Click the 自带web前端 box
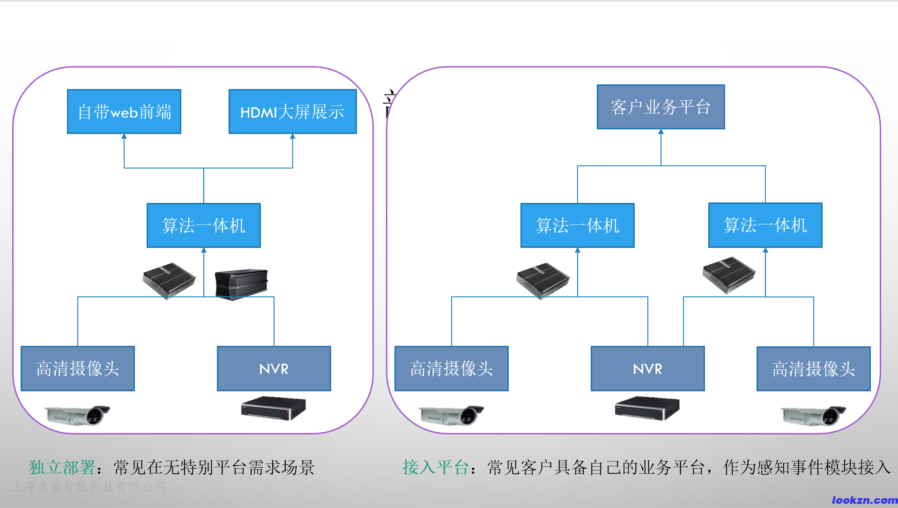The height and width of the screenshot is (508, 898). (124, 112)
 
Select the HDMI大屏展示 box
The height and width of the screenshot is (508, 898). (292, 112)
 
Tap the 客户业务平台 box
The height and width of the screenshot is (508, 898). (661, 107)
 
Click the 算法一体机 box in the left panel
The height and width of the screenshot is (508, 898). (203, 225)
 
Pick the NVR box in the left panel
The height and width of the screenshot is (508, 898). (274, 369)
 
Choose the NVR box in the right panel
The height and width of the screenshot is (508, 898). (647, 369)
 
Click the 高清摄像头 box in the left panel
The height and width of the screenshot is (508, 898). (78, 369)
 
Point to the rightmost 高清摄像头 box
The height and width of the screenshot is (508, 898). (813, 369)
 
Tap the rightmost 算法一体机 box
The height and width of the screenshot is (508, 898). (765, 225)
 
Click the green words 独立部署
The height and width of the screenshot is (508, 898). (62, 467)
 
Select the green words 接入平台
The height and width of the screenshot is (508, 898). (436, 467)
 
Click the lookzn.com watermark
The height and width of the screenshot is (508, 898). (864, 500)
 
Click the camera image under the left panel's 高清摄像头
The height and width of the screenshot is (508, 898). (78, 415)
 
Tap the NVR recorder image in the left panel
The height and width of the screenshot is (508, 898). (274, 408)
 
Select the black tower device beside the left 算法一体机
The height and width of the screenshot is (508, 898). (241, 284)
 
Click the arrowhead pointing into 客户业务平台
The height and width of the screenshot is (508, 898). (661, 132)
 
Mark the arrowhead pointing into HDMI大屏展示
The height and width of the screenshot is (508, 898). (293, 136)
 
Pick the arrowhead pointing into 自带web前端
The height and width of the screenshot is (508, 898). (124, 136)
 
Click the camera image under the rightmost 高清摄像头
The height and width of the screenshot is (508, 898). (813, 416)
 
